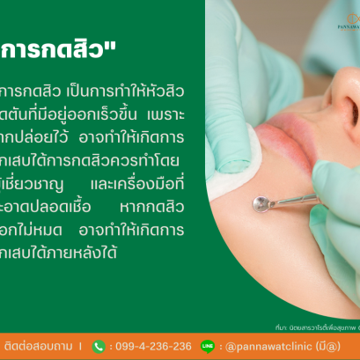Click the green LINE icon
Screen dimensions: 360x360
pyautogui.click(x=208, y=346)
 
